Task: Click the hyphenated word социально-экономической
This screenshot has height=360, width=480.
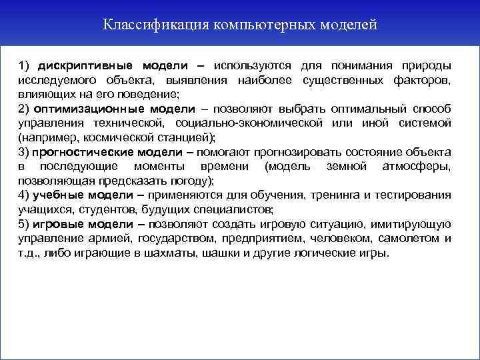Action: point(249,123)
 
